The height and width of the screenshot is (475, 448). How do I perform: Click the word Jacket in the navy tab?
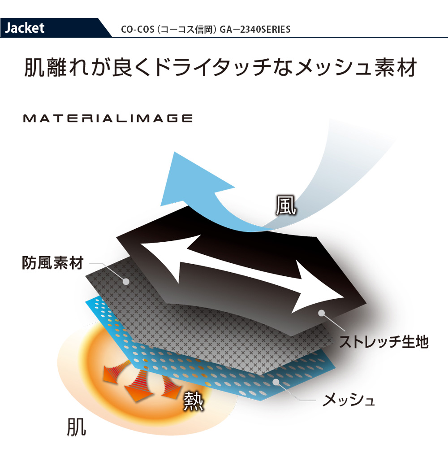coord(25,28)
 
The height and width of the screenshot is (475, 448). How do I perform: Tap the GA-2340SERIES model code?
coord(255,30)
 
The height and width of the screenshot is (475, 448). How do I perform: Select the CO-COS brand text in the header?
coord(138,30)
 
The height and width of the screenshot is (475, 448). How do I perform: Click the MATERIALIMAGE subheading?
coord(108,118)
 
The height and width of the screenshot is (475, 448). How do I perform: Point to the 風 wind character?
coord(285,205)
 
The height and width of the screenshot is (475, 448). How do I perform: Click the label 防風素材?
coord(52,263)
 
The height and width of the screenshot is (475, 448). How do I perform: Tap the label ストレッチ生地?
coord(383,342)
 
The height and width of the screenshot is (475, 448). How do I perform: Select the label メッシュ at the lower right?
coord(349,400)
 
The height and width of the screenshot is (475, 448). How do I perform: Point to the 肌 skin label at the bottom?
coord(76,427)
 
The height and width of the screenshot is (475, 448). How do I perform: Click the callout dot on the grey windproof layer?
coord(126,282)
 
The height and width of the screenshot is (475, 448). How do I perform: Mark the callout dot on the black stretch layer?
coord(322,313)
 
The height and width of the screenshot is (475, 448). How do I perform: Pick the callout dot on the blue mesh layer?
coord(275,382)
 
